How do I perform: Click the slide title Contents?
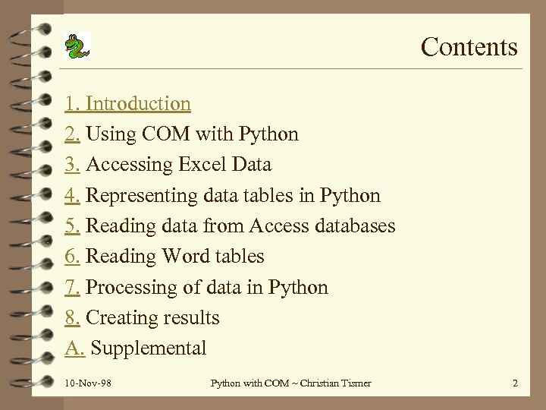469,47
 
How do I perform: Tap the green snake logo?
77,46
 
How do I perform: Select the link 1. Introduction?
127,103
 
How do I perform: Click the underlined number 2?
73,134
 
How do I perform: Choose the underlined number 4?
73,196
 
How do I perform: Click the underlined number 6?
73,257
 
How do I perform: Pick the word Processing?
133,288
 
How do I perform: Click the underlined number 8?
73,318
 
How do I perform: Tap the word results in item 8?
194,318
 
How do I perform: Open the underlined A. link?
74,348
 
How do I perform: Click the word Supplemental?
149,348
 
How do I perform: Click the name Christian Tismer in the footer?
335,383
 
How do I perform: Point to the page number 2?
515,383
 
